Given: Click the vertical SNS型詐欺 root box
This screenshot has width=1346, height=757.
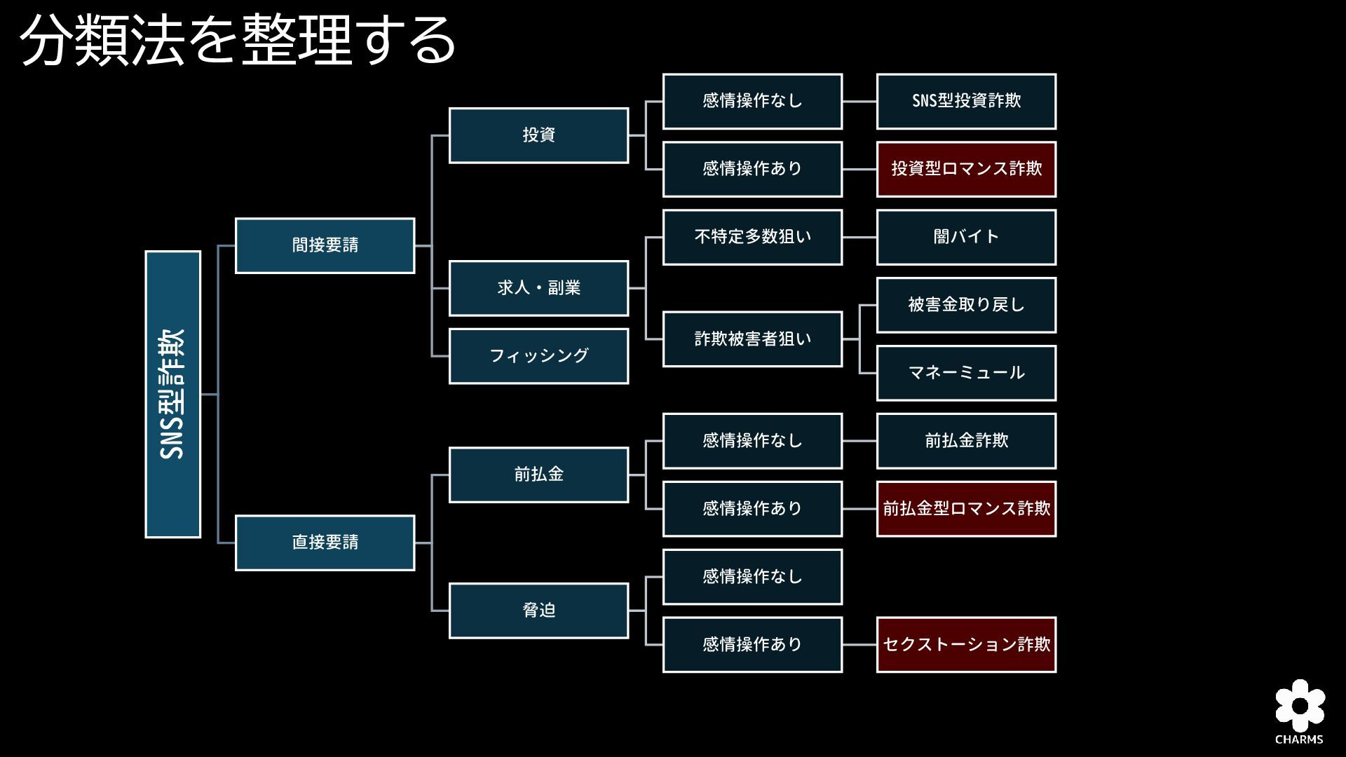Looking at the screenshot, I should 172,394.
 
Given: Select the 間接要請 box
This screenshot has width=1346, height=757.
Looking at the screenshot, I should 325,245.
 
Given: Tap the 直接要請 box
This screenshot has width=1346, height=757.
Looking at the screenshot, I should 325,543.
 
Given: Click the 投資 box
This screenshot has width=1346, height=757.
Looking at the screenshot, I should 538,135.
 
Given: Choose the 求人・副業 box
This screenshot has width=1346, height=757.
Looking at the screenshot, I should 538,288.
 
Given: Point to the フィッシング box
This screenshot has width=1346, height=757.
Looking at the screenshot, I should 538,356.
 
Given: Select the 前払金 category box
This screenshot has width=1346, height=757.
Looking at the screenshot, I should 538,475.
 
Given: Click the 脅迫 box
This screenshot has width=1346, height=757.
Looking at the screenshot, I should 538,611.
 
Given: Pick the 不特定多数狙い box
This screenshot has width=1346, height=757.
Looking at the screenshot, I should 752,237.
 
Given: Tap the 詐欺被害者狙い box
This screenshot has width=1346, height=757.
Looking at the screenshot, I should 752,339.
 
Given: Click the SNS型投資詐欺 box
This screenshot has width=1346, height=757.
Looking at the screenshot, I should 966,101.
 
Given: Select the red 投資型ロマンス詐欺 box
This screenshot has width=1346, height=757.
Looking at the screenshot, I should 966,169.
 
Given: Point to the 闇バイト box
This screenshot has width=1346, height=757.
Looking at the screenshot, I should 966,237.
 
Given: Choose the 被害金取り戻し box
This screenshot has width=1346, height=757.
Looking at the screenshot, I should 966,305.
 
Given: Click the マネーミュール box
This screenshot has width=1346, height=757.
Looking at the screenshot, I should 966,373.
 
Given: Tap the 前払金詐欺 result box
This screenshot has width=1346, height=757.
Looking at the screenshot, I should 966,441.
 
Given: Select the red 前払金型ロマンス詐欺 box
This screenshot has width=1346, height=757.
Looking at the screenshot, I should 966,509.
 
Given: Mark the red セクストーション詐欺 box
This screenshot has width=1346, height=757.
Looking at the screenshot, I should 966,645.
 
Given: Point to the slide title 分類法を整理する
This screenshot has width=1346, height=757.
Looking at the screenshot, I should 238,41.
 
